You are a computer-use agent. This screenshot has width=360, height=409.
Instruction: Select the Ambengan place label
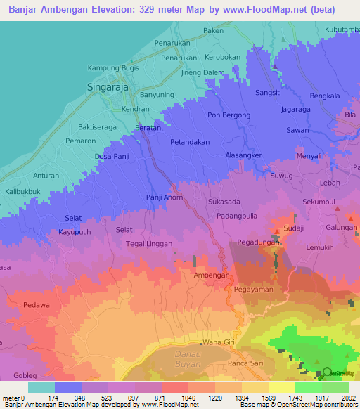point(212,275)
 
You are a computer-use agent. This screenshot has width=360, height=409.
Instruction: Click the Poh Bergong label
point(229,115)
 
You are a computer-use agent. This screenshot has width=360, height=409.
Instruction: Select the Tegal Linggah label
point(150,243)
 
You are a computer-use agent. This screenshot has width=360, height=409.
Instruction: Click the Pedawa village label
point(36,305)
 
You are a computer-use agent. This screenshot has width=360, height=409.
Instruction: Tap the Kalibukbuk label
point(24,191)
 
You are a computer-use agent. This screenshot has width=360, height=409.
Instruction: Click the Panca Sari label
point(245,363)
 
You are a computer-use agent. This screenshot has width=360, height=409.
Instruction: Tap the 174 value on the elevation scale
point(54,398)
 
